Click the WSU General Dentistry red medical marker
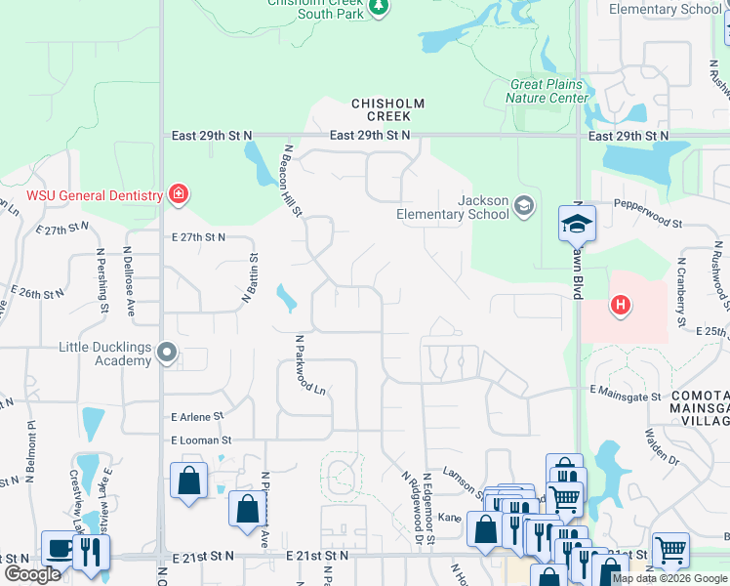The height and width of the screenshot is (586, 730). coord(178,194)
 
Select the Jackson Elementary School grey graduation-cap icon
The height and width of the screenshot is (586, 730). coord(524,205)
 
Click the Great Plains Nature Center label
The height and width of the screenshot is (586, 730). coord(549,91)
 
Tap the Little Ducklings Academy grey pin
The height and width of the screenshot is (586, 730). coord(169,353)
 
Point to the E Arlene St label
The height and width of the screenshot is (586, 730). coord(197,415)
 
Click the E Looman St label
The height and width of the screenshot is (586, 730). coord(201,440)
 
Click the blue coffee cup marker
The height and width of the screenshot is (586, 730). coord(58,548)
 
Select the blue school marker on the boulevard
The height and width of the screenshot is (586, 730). coord(577,224)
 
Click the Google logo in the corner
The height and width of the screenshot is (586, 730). coord(32,574)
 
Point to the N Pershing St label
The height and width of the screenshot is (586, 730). coord(103,281)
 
